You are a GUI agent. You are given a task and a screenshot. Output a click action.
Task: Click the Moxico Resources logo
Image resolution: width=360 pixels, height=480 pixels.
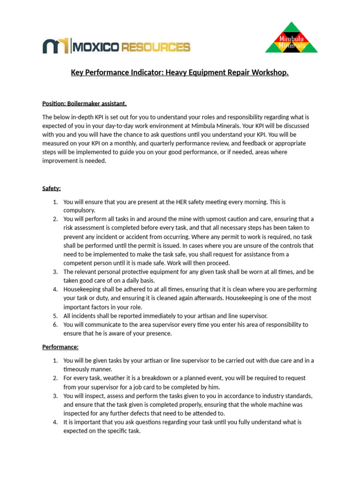[x=116, y=46]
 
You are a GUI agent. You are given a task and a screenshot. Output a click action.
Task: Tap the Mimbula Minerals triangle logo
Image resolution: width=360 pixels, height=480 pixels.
[x=292, y=37]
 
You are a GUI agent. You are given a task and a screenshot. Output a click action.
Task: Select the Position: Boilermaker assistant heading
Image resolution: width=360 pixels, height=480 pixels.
[x=84, y=103]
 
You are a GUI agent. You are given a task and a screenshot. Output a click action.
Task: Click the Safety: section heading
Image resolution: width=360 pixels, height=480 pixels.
[x=52, y=188]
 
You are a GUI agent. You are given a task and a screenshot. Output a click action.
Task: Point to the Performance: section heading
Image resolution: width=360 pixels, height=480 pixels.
[x=60, y=347]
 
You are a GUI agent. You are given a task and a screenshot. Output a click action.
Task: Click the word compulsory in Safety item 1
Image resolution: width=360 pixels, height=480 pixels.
[x=79, y=210]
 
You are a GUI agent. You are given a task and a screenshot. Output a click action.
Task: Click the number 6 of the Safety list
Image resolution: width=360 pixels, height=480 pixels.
[x=55, y=325]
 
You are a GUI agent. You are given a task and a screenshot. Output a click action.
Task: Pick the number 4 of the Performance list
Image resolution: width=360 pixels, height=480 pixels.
[x=55, y=422]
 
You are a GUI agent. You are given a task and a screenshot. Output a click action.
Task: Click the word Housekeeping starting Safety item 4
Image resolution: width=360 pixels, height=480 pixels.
[x=82, y=290]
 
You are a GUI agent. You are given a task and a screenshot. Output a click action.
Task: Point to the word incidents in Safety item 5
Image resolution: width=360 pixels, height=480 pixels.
[x=83, y=316]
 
